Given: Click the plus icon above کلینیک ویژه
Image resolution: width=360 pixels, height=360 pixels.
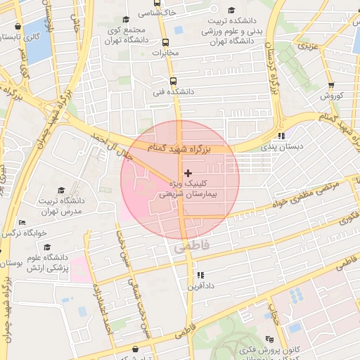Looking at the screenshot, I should point(187,172).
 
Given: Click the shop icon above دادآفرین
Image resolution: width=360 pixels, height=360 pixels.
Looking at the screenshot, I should point(200,275).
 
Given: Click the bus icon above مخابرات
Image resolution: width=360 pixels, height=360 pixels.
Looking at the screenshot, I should point(165,42).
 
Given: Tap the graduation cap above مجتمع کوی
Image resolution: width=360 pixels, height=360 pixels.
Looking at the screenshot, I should point(126,20).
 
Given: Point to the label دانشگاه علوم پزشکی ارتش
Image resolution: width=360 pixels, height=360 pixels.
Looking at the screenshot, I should point(47,262).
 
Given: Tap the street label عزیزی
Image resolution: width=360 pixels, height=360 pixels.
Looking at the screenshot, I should point(308,46).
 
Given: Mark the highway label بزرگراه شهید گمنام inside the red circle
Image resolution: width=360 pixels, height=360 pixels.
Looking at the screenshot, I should point(176,146).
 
